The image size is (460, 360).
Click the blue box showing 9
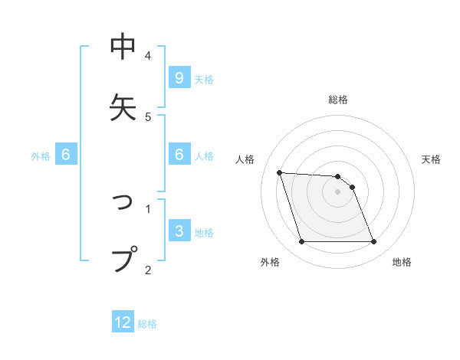pos(179,77)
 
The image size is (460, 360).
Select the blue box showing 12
pos(123,322)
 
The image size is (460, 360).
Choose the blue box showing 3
pos(179,231)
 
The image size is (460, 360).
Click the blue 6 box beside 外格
pos(66,155)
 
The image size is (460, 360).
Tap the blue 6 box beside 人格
pos(179,155)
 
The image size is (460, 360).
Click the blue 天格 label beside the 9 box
pos(204,79)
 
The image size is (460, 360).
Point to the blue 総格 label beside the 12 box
pos(147,324)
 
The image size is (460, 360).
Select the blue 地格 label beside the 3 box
pos(204,233)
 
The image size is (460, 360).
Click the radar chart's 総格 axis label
pos(338,100)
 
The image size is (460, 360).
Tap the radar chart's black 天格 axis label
pos(432,159)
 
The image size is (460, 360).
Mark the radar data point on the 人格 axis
pos(280,172)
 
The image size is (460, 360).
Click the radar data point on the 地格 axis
pos(373,242)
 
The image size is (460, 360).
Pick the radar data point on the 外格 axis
pos(301,242)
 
